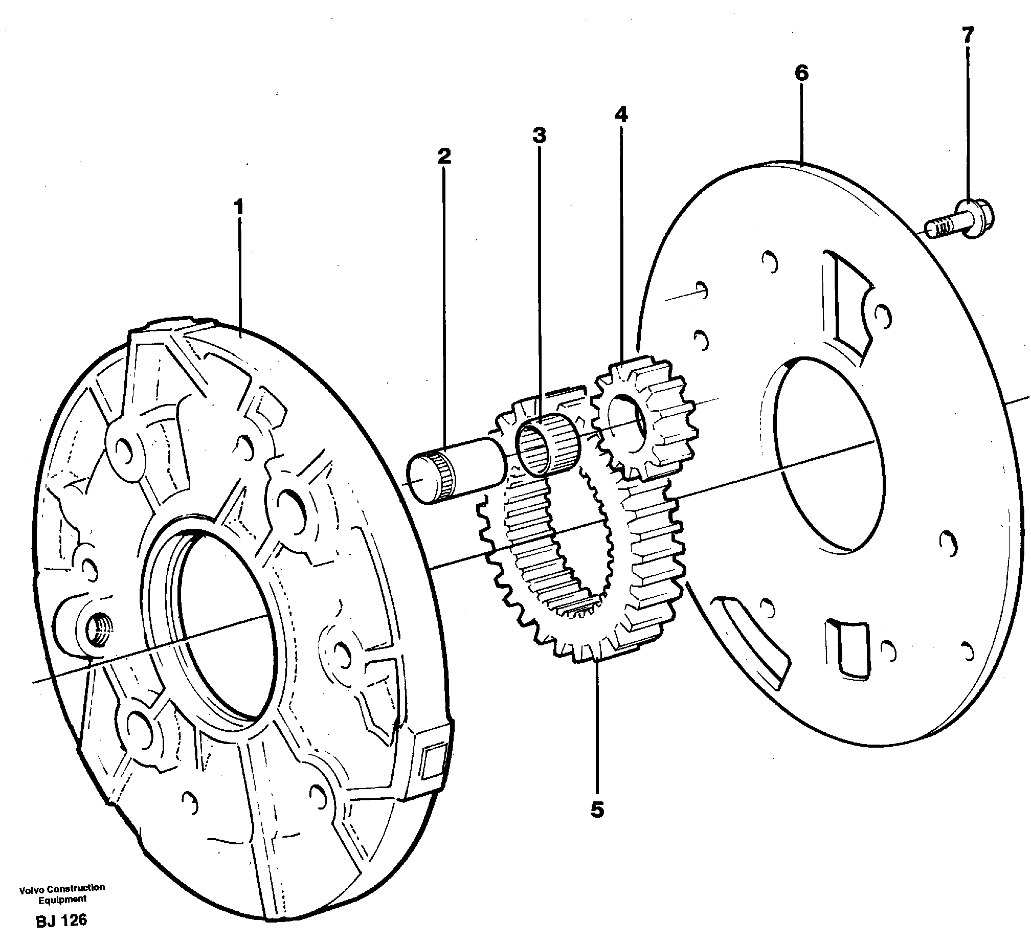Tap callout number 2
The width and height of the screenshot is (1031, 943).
click(x=444, y=156)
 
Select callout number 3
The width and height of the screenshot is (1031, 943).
click(x=539, y=136)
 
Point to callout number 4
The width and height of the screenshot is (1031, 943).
click(x=621, y=115)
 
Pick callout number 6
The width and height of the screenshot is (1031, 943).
click(x=801, y=74)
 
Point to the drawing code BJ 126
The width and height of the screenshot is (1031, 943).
click(x=61, y=920)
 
